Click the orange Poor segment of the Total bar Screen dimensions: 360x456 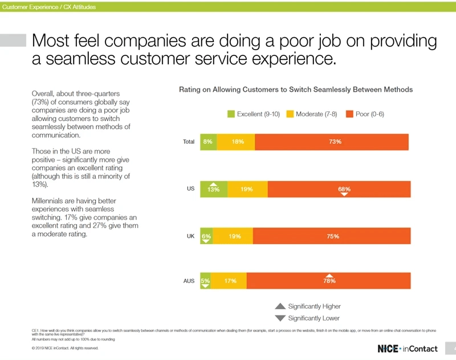(332, 141)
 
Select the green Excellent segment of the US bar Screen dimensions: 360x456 (213, 189)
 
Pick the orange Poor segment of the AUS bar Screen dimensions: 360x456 (328, 281)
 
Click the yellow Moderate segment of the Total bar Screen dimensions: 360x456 (236, 141)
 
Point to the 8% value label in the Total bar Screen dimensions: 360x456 (207, 141)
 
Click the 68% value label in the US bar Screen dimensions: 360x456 (344, 189)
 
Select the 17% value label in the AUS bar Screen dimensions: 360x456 (231, 281)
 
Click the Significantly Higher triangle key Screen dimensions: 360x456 (280, 306)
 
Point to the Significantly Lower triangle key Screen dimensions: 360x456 (280, 318)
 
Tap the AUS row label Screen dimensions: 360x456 (189, 281)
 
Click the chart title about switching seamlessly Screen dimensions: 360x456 (296, 90)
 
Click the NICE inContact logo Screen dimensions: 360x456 (407, 348)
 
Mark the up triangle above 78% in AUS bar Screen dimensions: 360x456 (329, 275)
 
